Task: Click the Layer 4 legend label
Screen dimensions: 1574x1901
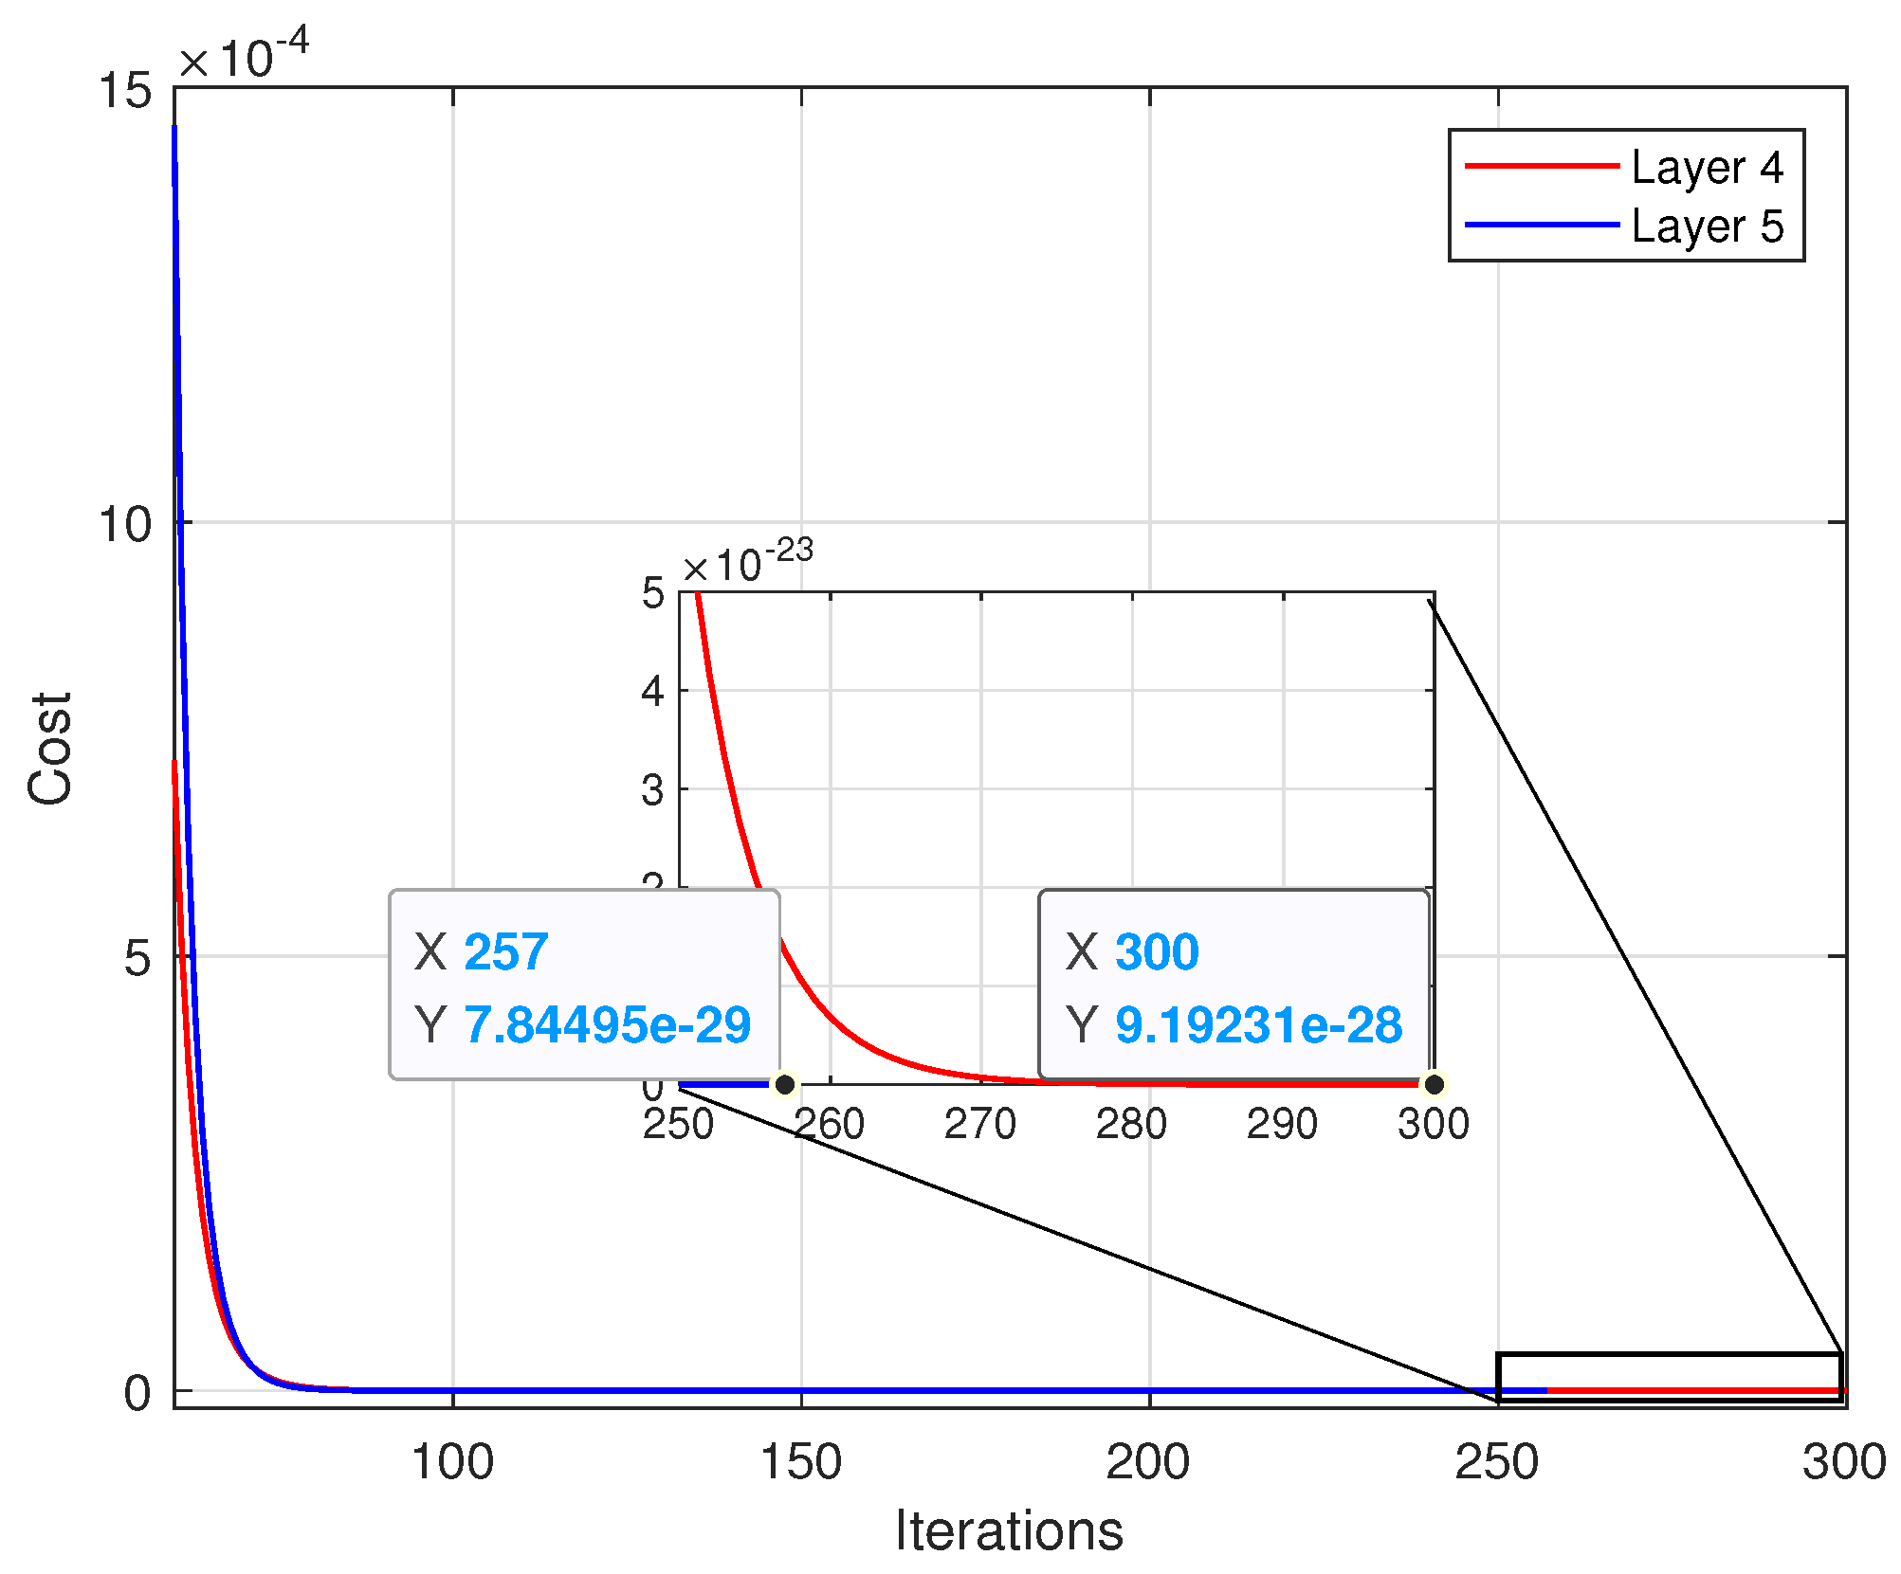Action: tap(1707, 168)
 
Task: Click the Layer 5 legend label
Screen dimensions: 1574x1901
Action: tap(1707, 226)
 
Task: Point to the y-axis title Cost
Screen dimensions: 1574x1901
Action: tap(49, 749)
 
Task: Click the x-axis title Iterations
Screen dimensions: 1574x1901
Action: tap(1009, 1530)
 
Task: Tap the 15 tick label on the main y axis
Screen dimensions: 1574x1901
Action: tap(125, 91)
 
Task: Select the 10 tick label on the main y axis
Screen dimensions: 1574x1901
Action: tap(125, 524)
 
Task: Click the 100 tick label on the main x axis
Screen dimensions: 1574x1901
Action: tap(452, 1461)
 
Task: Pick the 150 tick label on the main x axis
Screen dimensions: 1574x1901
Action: tap(801, 1461)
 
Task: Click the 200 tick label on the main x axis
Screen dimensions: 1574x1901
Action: tap(1148, 1461)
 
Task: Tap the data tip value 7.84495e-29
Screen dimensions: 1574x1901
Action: tap(608, 1024)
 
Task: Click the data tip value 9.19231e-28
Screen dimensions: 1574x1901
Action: tap(1258, 1024)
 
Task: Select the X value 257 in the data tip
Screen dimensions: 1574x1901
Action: tap(506, 951)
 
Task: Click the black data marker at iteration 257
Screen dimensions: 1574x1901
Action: tap(785, 1084)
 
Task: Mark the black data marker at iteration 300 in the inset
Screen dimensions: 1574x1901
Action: tap(1435, 1084)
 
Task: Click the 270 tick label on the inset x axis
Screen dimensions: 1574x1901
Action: tap(980, 1125)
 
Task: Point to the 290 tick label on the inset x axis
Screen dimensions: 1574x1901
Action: tap(1282, 1125)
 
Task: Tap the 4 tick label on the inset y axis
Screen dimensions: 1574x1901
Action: tap(653, 692)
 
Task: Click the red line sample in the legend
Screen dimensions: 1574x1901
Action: tap(1542, 166)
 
